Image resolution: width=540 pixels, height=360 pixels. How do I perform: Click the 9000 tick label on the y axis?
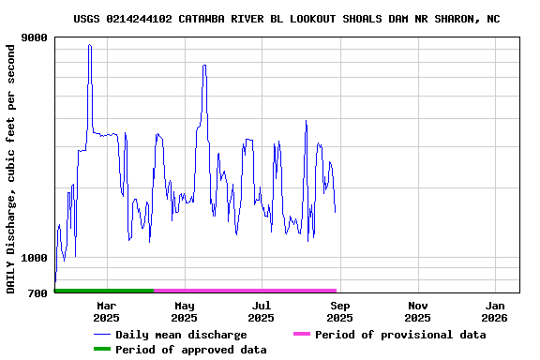point(36,37)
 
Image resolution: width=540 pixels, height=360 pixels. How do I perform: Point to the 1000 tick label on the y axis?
point(36,258)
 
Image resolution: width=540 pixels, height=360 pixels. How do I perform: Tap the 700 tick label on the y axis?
point(38,293)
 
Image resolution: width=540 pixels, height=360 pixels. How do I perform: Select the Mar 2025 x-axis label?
point(106,311)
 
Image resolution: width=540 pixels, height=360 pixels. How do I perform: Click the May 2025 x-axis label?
point(184,311)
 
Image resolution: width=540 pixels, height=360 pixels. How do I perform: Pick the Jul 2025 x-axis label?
point(262,311)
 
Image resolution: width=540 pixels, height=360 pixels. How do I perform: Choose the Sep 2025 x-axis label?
point(340,311)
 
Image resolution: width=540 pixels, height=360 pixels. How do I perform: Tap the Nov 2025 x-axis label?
point(418,311)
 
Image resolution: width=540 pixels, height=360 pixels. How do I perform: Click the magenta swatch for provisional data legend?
point(301,335)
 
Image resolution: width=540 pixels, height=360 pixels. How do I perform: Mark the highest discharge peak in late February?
point(89,45)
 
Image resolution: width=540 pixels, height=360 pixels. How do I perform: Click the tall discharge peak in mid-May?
point(203,66)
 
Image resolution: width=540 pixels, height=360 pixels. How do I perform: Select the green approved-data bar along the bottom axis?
point(104,291)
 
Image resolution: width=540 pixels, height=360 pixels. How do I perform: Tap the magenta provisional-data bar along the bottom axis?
point(245,291)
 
